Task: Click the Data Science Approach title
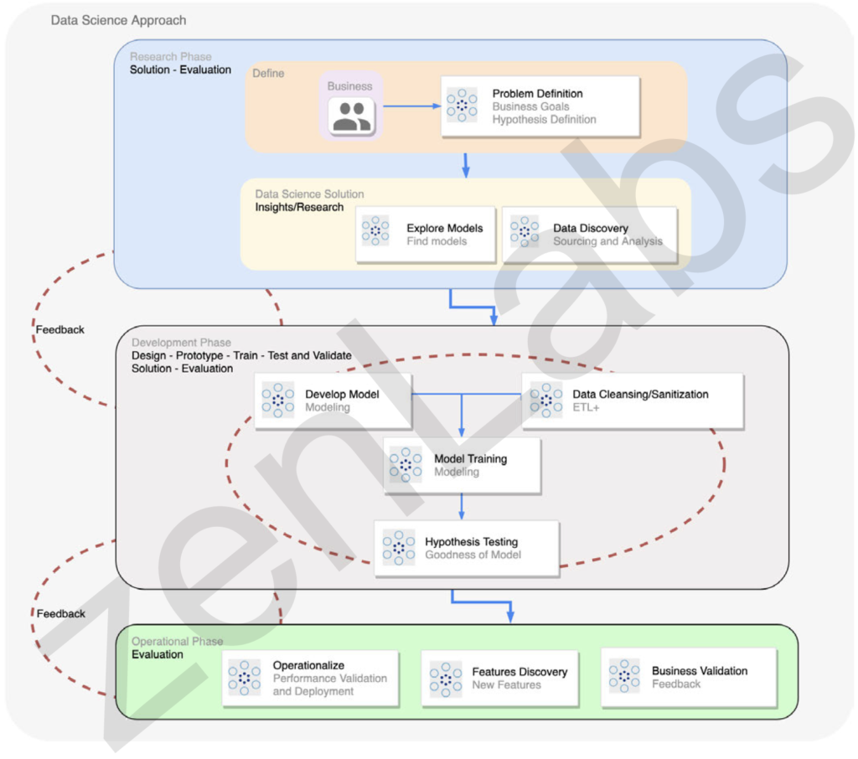point(118,20)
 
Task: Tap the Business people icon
point(351,116)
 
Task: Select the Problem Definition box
point(540,106)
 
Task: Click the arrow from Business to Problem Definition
point(412,106)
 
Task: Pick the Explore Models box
point(425,235)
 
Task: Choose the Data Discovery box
point(589,235)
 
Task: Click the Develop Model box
point(333,401)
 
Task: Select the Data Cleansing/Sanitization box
point(633,401)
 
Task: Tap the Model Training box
point(462,466)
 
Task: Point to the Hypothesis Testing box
point(466,549)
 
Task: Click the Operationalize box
point(310,679)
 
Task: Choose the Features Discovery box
point(499,679)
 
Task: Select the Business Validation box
point(689,678)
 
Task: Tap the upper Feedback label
point(60,329)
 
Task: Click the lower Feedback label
point(60,613)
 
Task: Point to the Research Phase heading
point(171,56)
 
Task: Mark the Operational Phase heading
point(178,642)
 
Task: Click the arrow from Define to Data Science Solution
point(466,165)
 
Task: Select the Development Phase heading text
point(181,343)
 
